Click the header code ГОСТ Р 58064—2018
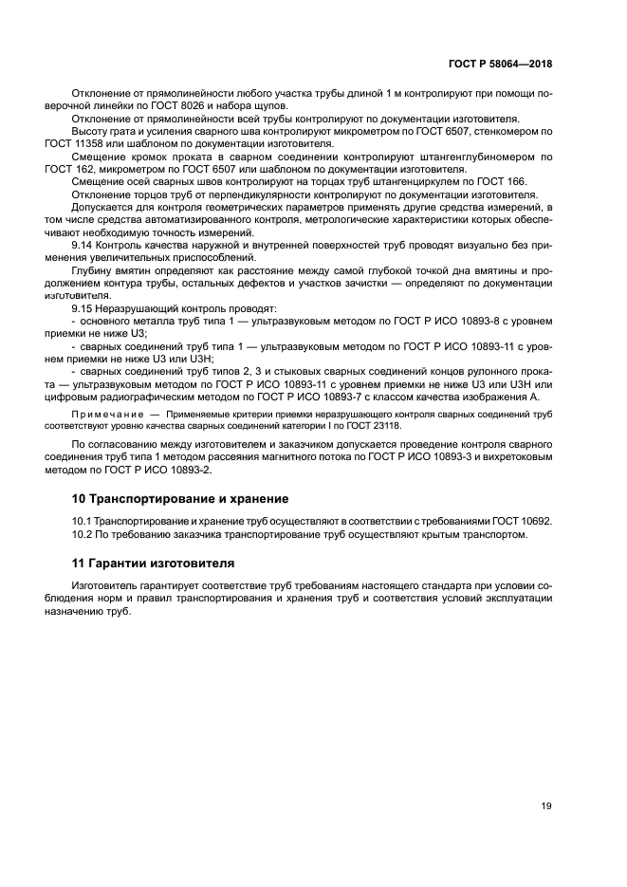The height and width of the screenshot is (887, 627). click(499, 64)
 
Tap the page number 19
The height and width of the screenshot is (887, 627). click(546, 806)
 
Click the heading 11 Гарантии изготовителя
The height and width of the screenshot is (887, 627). click(154, 563)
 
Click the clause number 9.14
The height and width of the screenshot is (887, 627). click(83, 245)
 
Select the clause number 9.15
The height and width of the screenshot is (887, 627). click(83, 310)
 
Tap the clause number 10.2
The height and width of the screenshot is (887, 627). click(83, 534)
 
